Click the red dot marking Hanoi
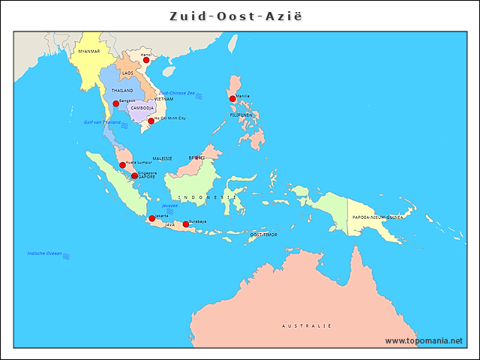tap(146, 60)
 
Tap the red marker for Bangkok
tap(116, 103)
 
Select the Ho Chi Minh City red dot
tap(151, 121)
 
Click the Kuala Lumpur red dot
tap(123, 165)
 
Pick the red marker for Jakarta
tap(152, 218)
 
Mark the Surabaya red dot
tap(186, 224)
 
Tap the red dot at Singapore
tap(135, 176)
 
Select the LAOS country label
tap(128, 73)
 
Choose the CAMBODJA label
tap(142, 108)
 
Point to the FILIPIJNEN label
tap(241, 115)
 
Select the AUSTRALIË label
tap(306, 326)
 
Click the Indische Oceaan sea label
tap(44, 253)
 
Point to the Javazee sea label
tap(169, 205)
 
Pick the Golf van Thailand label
tap(101, 121)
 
